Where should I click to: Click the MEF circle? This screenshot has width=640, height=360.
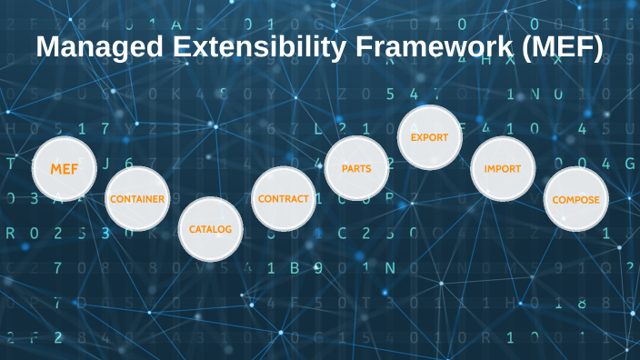point(65,169)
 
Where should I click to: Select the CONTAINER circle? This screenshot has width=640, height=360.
point(137,198)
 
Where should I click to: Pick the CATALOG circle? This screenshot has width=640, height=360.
point(210,229)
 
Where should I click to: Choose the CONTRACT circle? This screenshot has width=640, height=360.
point(284,198)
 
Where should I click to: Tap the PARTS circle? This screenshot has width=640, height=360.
point(356,168)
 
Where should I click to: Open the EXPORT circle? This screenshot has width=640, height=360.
point(430,137)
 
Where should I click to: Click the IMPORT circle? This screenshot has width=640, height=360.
point(502,168)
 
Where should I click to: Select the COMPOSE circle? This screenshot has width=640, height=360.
point(575,199)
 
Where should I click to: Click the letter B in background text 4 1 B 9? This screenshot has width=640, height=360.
point(293,267)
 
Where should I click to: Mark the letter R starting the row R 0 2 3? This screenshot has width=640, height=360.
point(11,233)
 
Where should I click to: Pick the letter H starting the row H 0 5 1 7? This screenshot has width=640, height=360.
point(11,128)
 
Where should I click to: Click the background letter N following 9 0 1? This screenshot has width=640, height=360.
point(389,267)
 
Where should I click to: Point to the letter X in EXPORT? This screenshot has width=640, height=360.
point(421,137)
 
